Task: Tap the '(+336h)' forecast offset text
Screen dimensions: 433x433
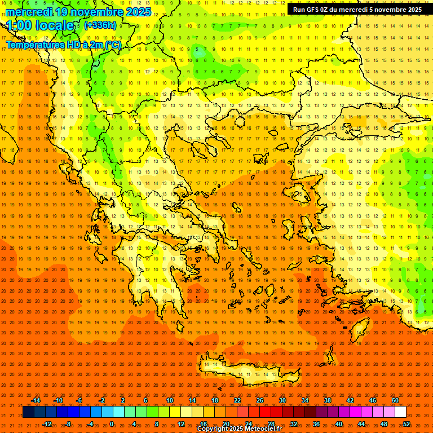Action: pos(100,25)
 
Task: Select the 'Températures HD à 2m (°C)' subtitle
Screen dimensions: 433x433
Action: pos(63,45)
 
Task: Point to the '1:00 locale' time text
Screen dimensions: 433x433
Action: pos(41,26)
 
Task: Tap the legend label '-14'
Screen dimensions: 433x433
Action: pos(36,400)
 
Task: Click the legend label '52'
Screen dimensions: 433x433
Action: pos(407,423)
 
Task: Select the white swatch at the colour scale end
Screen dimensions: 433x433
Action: pos(400,412)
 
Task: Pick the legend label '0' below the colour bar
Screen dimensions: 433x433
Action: pos(112,423)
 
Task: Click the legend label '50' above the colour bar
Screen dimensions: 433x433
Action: pos(395,400)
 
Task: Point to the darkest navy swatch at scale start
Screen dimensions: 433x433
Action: pos(28,412)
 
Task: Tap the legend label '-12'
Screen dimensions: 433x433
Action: pos(47,423)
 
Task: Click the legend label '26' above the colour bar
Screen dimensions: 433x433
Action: pos(259,400)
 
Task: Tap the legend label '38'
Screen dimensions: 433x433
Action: pos(327,400)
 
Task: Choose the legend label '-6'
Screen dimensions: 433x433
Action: pos(79,400)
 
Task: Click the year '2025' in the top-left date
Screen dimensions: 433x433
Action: pos(138,12)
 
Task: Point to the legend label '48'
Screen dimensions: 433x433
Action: pos(384,423)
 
